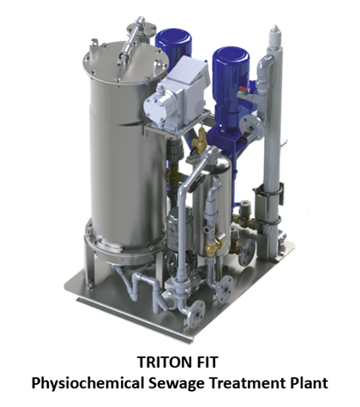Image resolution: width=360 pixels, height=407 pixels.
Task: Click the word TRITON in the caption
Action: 163,362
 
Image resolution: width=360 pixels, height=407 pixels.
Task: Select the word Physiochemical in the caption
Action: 87,383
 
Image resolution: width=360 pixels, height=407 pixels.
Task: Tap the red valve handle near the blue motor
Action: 244,89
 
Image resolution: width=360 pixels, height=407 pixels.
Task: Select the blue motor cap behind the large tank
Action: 173,41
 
